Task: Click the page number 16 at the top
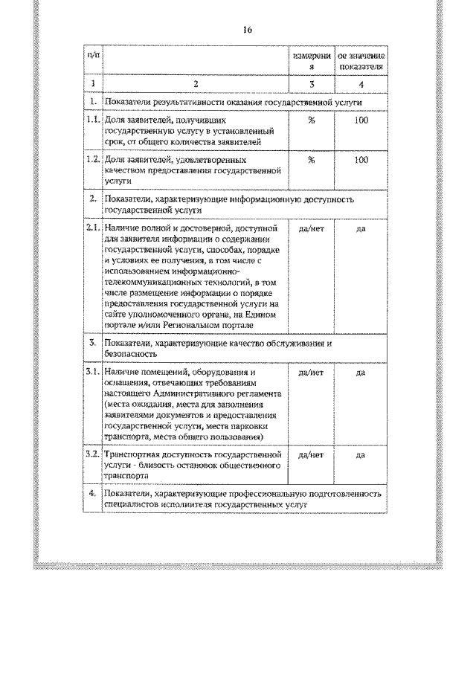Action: click(247, 30)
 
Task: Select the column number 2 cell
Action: click(195, 84)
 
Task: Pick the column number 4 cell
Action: click(361, 84)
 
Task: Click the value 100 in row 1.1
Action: click(361, 120)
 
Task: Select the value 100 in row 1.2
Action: click(361, 159)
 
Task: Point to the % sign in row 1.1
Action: click(312, 120)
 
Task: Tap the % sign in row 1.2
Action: click(312, 159)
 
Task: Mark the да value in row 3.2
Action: click(361, 454)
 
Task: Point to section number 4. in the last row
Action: click(92, 493)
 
